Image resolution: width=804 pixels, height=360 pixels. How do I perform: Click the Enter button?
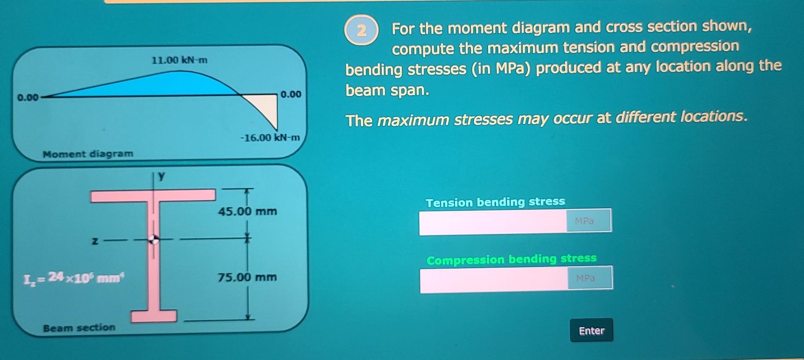click(591, 330)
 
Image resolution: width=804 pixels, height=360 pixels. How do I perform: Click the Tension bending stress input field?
click(493, 222)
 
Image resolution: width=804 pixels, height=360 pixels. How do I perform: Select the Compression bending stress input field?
click(494, 279)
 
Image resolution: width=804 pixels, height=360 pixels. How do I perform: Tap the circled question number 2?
click(362, 30)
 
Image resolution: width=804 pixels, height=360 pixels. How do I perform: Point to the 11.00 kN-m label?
click(179, 60)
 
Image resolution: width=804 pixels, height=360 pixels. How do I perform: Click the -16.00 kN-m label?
click(270, 137)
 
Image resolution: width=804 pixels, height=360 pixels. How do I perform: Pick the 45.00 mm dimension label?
click(247, 211)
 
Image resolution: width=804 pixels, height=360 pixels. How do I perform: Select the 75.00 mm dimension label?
click(247, 277)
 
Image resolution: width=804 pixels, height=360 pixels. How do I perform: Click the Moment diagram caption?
click(88, 154)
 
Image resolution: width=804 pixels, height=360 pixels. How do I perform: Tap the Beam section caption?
click(79, 327)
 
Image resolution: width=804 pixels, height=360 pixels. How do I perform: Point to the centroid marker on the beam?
click(154, 239)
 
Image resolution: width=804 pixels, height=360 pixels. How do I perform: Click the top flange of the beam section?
click(153, 195)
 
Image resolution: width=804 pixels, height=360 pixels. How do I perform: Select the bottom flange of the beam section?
click(154, 316)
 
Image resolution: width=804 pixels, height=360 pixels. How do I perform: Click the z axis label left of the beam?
click(95, 241)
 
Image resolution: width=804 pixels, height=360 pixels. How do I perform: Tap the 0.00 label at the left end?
click(28, 98)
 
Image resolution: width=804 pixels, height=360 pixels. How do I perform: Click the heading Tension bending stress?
click(495, 202)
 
